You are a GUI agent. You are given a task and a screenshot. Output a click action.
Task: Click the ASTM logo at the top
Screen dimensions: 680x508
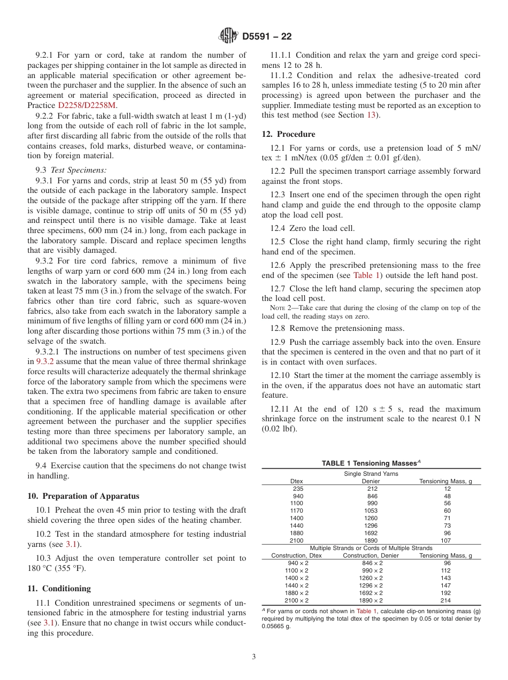click(229, 36)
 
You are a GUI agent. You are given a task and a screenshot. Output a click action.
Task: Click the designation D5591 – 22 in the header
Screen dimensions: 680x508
click(267, 37)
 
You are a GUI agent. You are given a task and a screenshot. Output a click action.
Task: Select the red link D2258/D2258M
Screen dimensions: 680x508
click(86, 105)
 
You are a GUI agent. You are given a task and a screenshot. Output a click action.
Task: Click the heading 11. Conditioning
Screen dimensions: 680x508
click(59, 589)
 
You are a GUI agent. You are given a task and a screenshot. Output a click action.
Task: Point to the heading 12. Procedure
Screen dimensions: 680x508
click(288, 134)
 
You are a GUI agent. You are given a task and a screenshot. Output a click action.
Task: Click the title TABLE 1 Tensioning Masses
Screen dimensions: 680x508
click(370, 463)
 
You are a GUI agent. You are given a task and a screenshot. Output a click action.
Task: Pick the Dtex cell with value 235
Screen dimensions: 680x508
click(298, 489)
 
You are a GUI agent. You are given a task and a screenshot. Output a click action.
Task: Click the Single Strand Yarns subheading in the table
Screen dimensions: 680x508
click(371, 474)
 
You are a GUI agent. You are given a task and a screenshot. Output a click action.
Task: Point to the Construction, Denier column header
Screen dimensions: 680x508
click(371, 555)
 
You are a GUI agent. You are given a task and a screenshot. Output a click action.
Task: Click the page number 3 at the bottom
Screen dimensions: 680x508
click(254, 657)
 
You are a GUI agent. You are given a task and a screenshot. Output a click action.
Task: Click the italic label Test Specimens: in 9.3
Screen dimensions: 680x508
click(79, 169)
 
